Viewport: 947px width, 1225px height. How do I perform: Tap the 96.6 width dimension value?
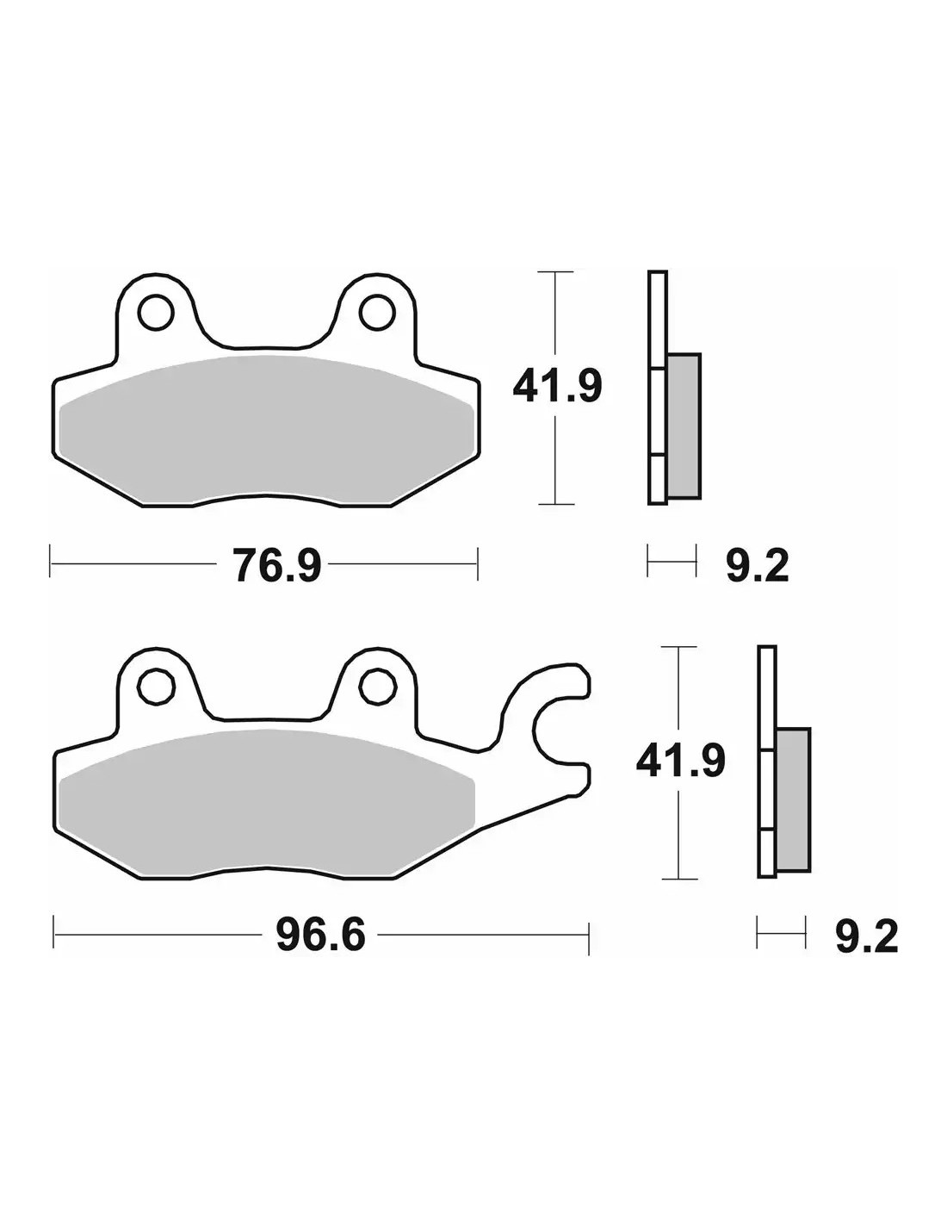[x=321, y=936]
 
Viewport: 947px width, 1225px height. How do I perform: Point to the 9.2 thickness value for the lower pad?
[x=866, y=936]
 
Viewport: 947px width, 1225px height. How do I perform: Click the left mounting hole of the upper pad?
[x=156, y=313]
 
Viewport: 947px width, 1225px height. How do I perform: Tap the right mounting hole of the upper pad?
[x=377, y=313]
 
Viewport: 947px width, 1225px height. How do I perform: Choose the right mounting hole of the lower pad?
[x=377, y=686]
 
